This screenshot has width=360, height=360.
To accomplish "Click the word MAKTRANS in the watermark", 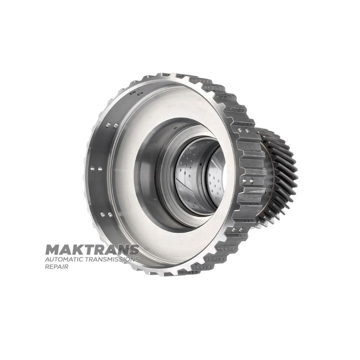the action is [92, 250].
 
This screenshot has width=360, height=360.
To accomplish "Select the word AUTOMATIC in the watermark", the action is [64, 260].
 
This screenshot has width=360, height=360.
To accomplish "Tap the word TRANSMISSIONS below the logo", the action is [112, 260].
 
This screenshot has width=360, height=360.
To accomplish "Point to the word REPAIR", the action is [57, 267].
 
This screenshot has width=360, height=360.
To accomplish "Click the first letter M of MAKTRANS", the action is [52, 250].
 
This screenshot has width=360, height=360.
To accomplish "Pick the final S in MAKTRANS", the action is [134, 250].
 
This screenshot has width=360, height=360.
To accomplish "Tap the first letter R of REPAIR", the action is [47, 267].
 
